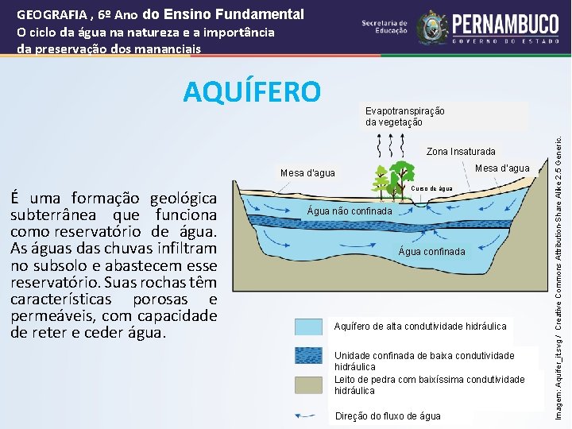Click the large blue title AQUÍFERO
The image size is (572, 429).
click(252, 92)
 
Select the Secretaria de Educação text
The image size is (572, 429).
click(385, 27)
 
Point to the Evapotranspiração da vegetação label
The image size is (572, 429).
click(404, 117)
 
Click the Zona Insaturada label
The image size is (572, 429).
click(461, 152)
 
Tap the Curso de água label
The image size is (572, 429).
click(432, 189)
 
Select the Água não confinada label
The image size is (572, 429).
click(349, 211)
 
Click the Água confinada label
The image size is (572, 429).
click(432, 251)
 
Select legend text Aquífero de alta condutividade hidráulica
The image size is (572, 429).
click(420, 327)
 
